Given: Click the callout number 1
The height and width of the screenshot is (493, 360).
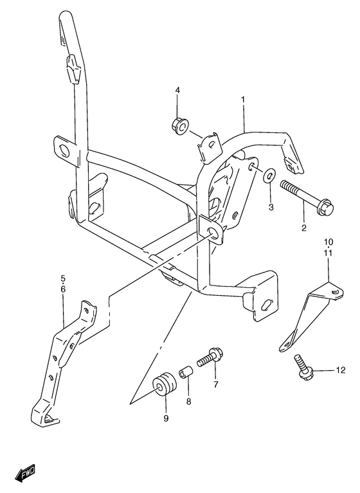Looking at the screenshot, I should (x=244, y=100).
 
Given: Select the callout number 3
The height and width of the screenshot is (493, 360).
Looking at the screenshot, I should (x=271, y=206).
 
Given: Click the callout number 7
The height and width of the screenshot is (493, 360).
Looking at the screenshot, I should (x=215, y=384).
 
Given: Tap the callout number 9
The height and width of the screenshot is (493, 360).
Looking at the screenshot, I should (x=166, y=418).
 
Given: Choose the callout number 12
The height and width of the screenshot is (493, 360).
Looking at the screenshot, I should (x=340, y=370).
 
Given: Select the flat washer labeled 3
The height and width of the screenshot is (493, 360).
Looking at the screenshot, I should (x=270, y=175).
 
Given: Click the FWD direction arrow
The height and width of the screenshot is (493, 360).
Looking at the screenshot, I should (x=27, y=473).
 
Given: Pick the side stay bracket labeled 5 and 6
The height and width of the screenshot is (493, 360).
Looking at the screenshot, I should (x=62, y=360).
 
